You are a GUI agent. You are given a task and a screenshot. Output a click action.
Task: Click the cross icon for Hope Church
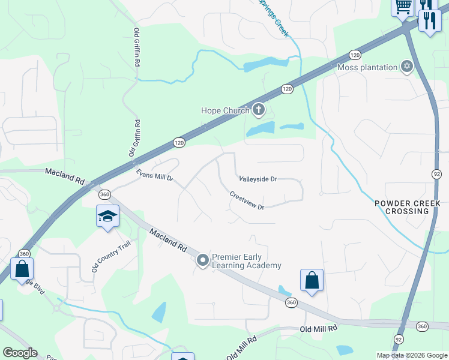coord(259,109)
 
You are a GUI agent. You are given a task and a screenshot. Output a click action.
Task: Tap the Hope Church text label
coord(225,110)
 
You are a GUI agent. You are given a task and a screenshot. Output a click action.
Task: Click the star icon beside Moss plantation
coord(408,67)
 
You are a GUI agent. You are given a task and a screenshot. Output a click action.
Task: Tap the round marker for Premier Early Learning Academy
coord(202,260)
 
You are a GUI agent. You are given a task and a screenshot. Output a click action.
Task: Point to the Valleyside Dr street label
coord(258,179)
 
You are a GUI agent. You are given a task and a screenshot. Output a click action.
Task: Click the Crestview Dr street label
coord(247,200)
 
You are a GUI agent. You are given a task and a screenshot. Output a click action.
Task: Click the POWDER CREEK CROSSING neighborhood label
coord(408,207)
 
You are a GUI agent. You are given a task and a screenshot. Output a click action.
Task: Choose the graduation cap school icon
coord(107,216)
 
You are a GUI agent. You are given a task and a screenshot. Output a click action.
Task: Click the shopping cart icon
coord(403,7)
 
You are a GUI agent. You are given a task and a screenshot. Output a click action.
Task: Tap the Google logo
coord(20,353)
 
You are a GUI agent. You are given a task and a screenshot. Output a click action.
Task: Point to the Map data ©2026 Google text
coord(411,355)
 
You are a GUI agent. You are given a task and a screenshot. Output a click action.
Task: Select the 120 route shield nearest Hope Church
coord(287,89)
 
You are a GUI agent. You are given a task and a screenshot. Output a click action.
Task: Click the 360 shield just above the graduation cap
coord(104,194)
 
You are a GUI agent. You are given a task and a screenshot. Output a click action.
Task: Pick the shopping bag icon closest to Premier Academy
coord(312,280)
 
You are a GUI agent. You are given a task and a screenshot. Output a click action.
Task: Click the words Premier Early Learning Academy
coord(246,260)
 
